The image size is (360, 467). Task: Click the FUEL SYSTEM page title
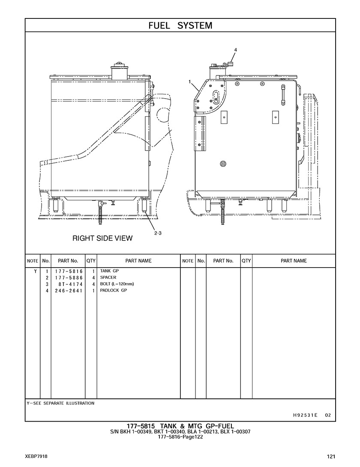pos(180,26)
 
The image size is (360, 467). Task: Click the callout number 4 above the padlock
pos(236,50)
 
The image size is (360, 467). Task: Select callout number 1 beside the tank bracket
pos(189,81)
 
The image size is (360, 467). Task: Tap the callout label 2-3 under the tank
pos(158,233)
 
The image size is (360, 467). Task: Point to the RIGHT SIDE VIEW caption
pos(102,238)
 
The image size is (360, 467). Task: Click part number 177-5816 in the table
pos(69,271)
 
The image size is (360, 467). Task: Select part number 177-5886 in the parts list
pos(69,278)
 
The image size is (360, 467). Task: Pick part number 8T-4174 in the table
pos(70,284)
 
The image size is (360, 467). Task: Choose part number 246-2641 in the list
pos(69,291)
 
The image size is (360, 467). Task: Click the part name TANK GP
pos(109,271)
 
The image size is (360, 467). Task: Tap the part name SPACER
pos(108,277)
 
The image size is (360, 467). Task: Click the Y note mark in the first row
pos(36,271)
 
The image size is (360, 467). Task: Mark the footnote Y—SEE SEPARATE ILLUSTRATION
pos(60,403)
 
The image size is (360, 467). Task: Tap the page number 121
pos(331,457)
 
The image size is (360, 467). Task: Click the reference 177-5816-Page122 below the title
pos(180,437)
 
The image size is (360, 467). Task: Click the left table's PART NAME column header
pos(138,261)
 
